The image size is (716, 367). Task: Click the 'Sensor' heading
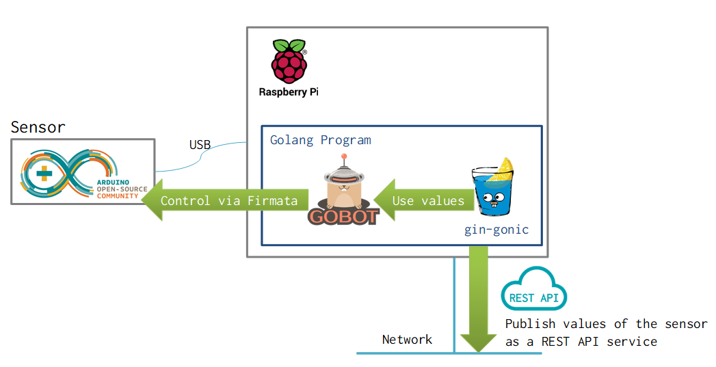(38, 127)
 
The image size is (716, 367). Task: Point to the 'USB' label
(200, 145)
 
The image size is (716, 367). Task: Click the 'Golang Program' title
(321, 140)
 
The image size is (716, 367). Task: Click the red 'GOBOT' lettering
(343, 217)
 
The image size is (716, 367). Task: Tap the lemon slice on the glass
(505, 166)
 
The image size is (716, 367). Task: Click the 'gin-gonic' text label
(496, 230)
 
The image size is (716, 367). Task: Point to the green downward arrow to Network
(478, 301)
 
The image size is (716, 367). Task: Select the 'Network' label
(407, 340)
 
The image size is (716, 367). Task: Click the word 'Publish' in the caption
(531, 324)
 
